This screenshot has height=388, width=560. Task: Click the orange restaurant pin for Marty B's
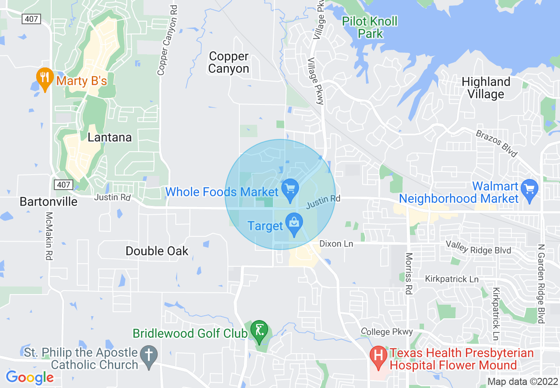click(x=44, y=78)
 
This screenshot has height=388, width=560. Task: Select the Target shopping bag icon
click(x=294, y=223)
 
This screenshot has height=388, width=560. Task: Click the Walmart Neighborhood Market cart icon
click(x=529, y=188)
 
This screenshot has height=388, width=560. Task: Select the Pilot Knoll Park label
click(x=370, y=27)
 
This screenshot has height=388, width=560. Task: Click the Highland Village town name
click(x=485, y=88)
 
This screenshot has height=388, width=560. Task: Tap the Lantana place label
click(x=110, y=137)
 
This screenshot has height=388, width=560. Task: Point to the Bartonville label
click(x=49, y=201)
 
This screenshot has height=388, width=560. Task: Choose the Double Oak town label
click(x=157, y=251)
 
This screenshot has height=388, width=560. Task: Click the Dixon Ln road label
click(x=336, y=243)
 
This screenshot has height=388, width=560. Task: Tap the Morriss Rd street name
click(x=409, y=273)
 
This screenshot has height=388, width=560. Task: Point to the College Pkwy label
click(x=387, y=332)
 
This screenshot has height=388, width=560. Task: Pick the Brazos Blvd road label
click(x=496, y=143)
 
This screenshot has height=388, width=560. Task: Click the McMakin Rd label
click(x=49, y=236)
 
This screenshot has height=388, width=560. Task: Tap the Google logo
click(x=30, y=377)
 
